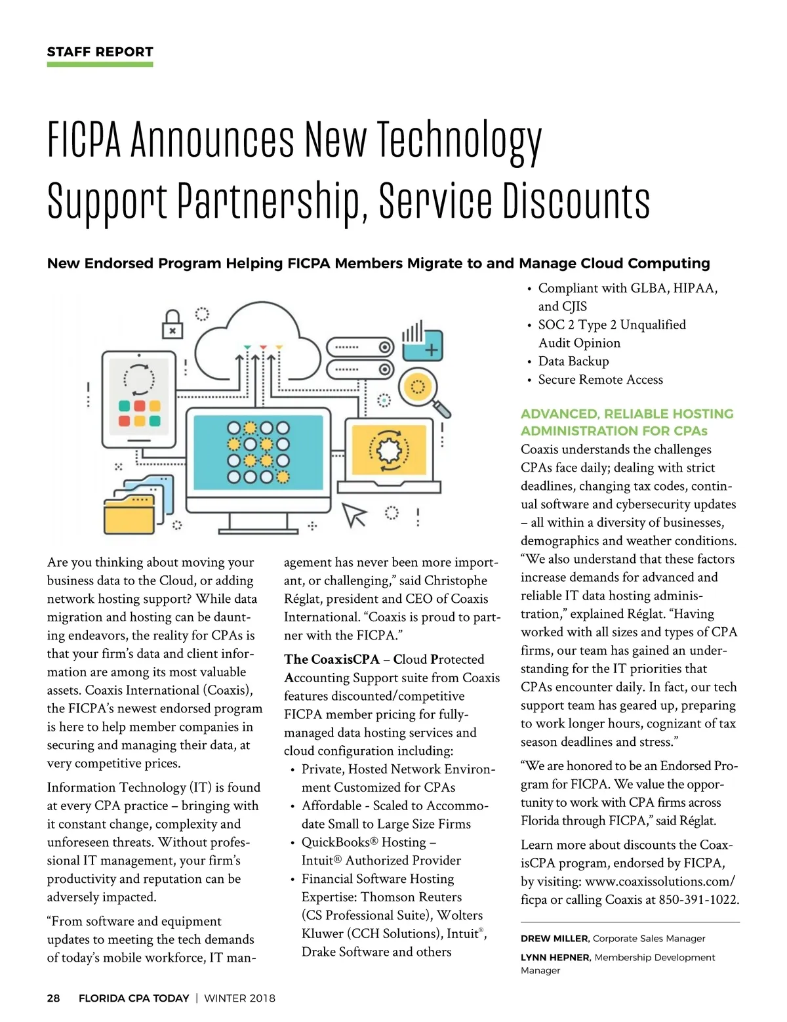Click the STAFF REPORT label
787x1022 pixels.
[100, 52]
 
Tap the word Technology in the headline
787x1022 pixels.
[459, 139]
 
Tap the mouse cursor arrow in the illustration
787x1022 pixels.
[354, 515]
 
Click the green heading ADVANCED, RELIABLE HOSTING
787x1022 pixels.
[626, 414]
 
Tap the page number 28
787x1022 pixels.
[53, 998]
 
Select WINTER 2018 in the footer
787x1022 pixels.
[239, 998]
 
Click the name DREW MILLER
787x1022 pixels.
[554, 939]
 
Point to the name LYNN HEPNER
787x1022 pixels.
[555, 958]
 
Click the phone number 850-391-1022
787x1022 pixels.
[698, 900]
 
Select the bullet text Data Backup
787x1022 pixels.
[573, 361]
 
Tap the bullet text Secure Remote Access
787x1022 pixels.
[600, 380]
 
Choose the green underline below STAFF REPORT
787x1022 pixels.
[100, 64]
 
